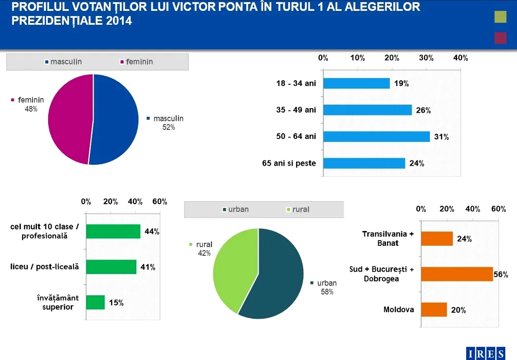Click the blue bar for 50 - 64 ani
click(x=376, y=137)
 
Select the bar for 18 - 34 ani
click(x=356, y=83)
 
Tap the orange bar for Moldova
click(x=434, y=310)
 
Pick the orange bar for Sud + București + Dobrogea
click(x=457, y=274)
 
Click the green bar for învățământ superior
click(x=95, y=302)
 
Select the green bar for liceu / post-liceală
click(x=111, y=267)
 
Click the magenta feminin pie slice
click(x=69, y=118)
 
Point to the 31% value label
click(x=441, y=137)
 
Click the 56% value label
click(x=501, y=275)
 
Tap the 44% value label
click(x=152, y=231)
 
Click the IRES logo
click(x=489, y=353)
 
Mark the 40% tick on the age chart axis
click(x=460, y=58)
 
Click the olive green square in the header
click(x=500, y=17)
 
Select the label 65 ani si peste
click(x=289, y=164)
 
